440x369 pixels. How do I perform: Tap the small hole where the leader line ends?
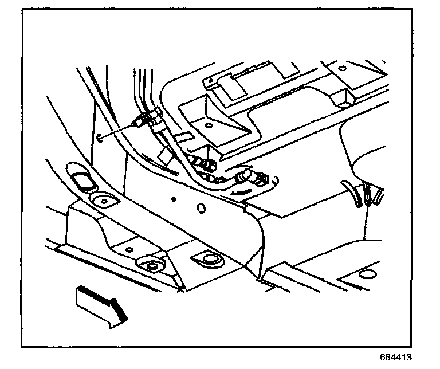(100, 138)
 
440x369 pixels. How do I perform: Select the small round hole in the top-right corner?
(342, 68)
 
